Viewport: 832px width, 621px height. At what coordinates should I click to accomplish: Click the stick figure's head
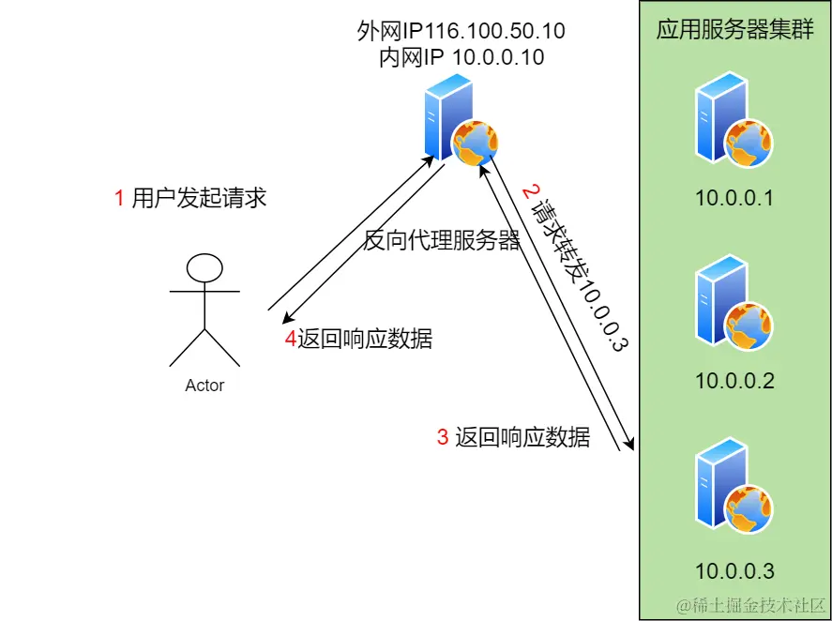[204, 268]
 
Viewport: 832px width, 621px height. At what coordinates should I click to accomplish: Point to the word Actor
[204, 386]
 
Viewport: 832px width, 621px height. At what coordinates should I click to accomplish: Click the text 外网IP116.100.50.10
[461, 31]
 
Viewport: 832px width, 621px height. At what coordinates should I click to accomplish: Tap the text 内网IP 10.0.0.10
[461, 57]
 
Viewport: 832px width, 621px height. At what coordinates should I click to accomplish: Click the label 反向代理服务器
[442, 241]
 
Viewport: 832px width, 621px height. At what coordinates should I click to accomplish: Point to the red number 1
[119, 198]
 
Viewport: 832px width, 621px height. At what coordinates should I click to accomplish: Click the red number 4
[290, 340]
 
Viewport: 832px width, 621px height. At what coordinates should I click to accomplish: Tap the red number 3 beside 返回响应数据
[443, 437]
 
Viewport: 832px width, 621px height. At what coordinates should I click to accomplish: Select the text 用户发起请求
[200, 198]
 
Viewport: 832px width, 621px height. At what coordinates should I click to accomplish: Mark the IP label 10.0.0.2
[734, 381]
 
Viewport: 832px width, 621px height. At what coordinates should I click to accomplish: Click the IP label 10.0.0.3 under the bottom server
[734, 569]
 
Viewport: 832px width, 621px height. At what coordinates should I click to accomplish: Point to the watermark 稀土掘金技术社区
[750, 604]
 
